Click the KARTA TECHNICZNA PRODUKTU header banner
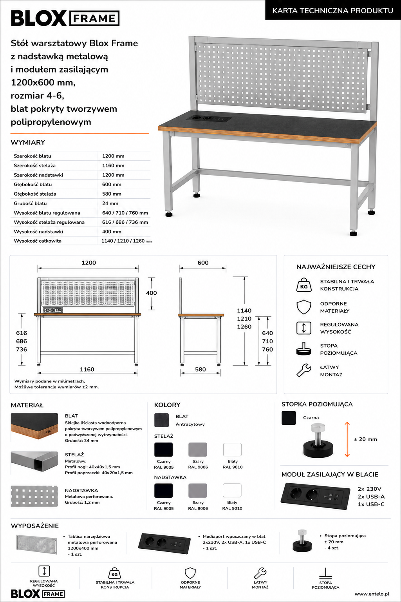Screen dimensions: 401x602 point(333,11)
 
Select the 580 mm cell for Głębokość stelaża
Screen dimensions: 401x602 point(112,194)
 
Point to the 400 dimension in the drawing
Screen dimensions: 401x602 point(151,293)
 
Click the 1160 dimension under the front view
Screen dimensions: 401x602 point(87,369)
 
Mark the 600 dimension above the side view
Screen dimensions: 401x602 point(203,263)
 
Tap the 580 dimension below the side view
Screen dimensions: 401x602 point(200,369)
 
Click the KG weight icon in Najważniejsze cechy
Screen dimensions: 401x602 point(304,285)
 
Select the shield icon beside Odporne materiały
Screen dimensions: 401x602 point(304,307)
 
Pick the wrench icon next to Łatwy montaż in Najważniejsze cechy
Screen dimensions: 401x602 point(304,370)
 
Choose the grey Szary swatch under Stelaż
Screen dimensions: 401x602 point(198,450)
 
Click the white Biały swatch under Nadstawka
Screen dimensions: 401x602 point(232,490)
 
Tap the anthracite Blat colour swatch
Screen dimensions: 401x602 point(161,420)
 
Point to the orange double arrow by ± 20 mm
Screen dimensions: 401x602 point(347,439)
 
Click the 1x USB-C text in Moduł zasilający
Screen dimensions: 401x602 point(371,504)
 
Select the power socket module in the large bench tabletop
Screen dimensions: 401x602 point(213,118)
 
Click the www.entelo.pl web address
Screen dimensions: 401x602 point(372,594)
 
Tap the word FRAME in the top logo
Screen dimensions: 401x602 point(94,18)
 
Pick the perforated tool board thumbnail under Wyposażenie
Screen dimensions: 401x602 point(37,545)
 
